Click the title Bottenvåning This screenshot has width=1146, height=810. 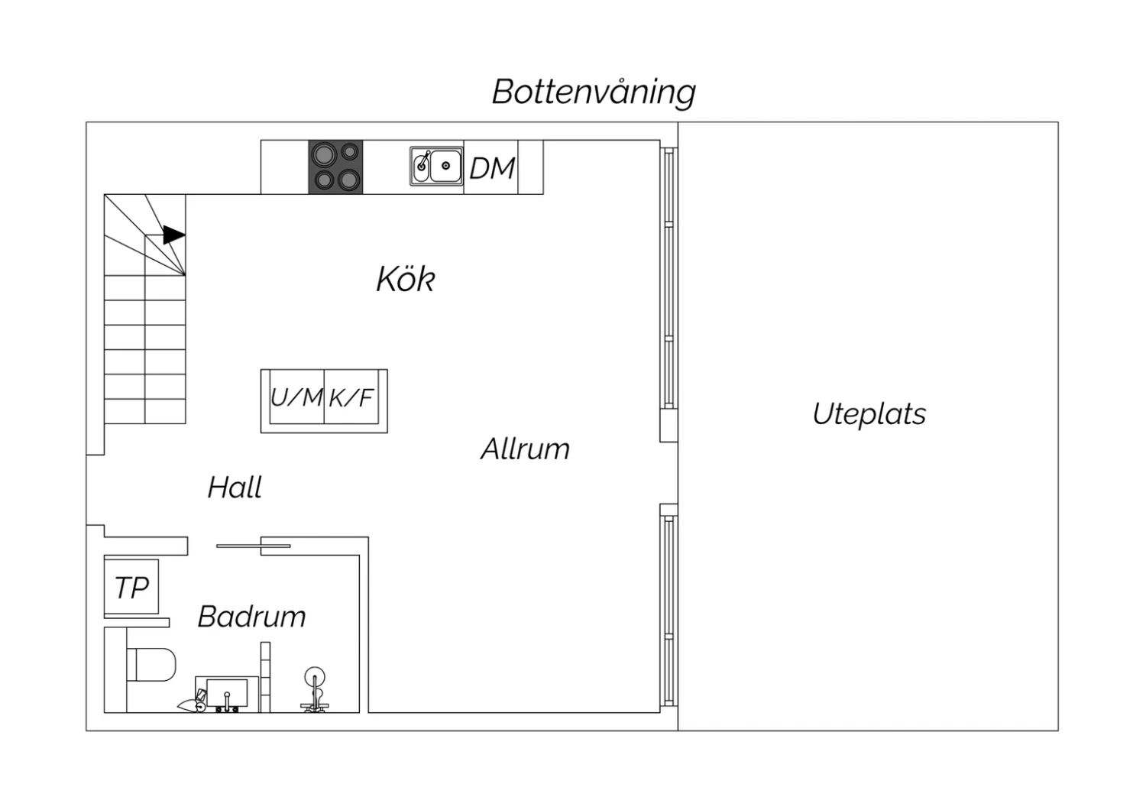pos(594,92)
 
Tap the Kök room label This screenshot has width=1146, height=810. pos(406,279)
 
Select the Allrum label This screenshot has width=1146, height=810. pos(525,449)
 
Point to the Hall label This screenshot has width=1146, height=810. pos(235,487)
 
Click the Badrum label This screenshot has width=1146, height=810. pos(251,616)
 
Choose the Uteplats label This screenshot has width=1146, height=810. pos(869,413)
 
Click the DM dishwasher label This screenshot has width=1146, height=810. pos(492,168)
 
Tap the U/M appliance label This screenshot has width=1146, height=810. pos(296,397)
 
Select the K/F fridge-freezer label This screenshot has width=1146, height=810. pos(351,397)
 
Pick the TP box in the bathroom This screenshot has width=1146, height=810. pos(131,587)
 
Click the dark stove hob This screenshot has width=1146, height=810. pos(335,167)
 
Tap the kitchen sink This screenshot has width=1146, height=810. pos(436,166)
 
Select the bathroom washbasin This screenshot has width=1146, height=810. pos(227,694)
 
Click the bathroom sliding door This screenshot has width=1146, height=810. pos(253,546)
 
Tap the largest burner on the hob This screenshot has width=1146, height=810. pos(325,154)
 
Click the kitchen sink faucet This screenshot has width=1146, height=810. pos(423,160)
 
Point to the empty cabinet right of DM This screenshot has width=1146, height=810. pos(530,167)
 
